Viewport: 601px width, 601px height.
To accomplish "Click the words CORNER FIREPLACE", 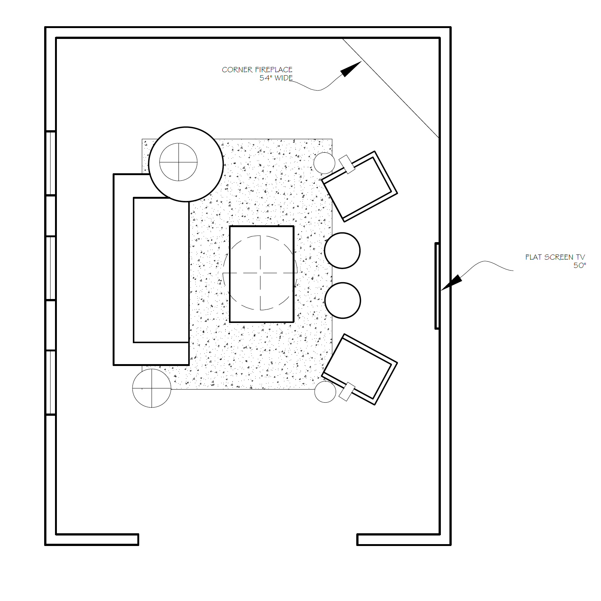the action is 257,70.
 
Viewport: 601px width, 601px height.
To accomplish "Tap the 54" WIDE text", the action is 276,78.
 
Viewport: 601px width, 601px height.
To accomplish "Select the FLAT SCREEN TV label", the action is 555,257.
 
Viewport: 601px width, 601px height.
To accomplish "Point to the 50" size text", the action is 580,265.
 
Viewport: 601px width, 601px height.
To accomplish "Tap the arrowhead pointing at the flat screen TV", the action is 452,282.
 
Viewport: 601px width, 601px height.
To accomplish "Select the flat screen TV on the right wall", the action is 437,286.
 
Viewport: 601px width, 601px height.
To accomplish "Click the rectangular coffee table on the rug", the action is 262,274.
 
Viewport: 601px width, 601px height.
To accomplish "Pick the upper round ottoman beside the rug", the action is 342,251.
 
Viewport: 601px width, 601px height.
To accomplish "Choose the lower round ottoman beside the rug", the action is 343,300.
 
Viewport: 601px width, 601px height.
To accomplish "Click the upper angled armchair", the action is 360,186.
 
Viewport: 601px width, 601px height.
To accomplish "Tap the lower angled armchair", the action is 360,369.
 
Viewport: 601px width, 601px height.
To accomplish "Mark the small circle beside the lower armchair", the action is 325,392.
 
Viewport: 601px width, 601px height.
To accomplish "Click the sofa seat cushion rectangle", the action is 161,270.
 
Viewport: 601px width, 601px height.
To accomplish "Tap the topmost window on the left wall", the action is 51,163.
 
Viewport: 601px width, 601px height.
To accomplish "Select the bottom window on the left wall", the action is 51,382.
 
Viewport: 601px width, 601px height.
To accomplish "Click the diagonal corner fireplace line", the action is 391,88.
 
